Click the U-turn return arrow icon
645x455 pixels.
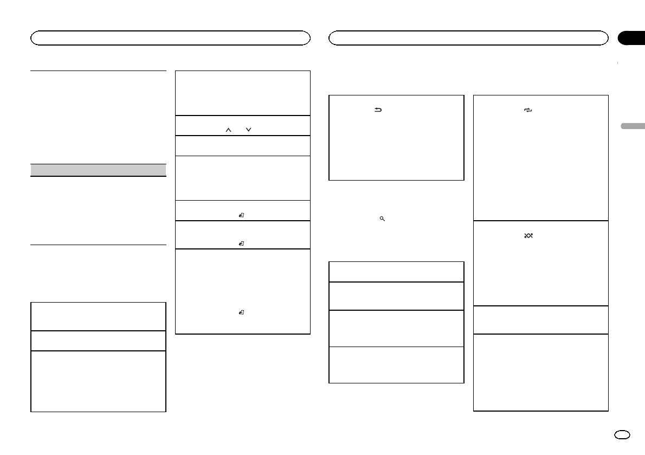[x=378, y=110]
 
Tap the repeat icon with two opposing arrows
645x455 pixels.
[x=529, y=110]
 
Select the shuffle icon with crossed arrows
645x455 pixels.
[x=529, y=236]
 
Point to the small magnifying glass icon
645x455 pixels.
[x=382, y=219]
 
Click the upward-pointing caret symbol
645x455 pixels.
[x=229, y=130]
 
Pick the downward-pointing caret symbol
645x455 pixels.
[x=249, y=130]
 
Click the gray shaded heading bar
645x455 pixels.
[x=98, y=170]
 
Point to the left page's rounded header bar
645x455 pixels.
[x=170, y=37]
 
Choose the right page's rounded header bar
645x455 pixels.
[x=468, y=37]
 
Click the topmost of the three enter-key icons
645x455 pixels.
[x=242, y=215]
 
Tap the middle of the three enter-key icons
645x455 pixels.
[x=242, y=243]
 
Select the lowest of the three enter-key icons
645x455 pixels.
[x=242, y=312]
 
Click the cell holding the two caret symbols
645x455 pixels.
[x=243, y=125]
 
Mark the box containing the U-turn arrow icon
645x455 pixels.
[x=396, y=138]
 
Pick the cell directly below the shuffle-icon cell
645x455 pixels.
[x=540, y=320]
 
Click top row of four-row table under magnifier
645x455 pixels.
[x=396, y=272]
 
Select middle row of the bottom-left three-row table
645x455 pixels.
[x=98, y=341]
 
